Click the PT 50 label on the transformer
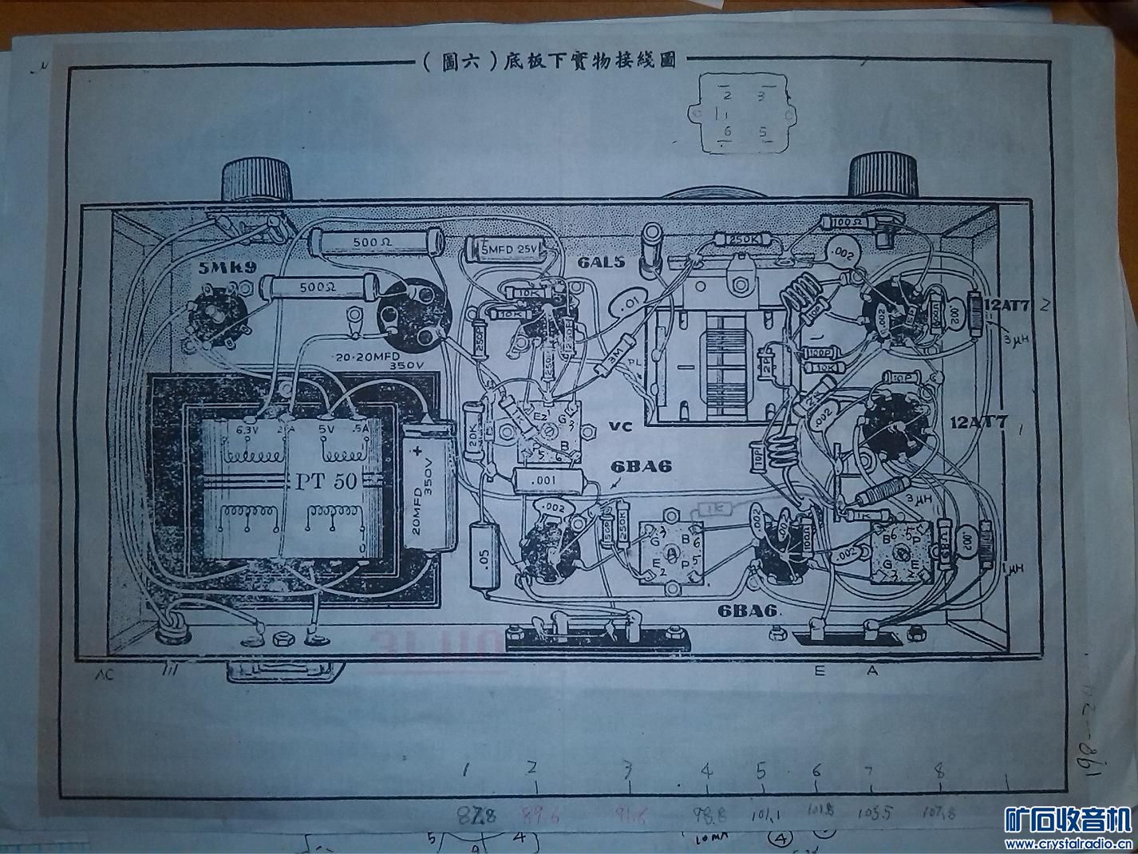tap(329, 481)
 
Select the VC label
tap(620, 426)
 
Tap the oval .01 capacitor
tap(630, 302)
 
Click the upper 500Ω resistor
tap(372, 239)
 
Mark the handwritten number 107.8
tap(940, 813)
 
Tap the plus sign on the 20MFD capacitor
tap(419, 453)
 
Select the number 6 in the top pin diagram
tap(727, 131)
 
